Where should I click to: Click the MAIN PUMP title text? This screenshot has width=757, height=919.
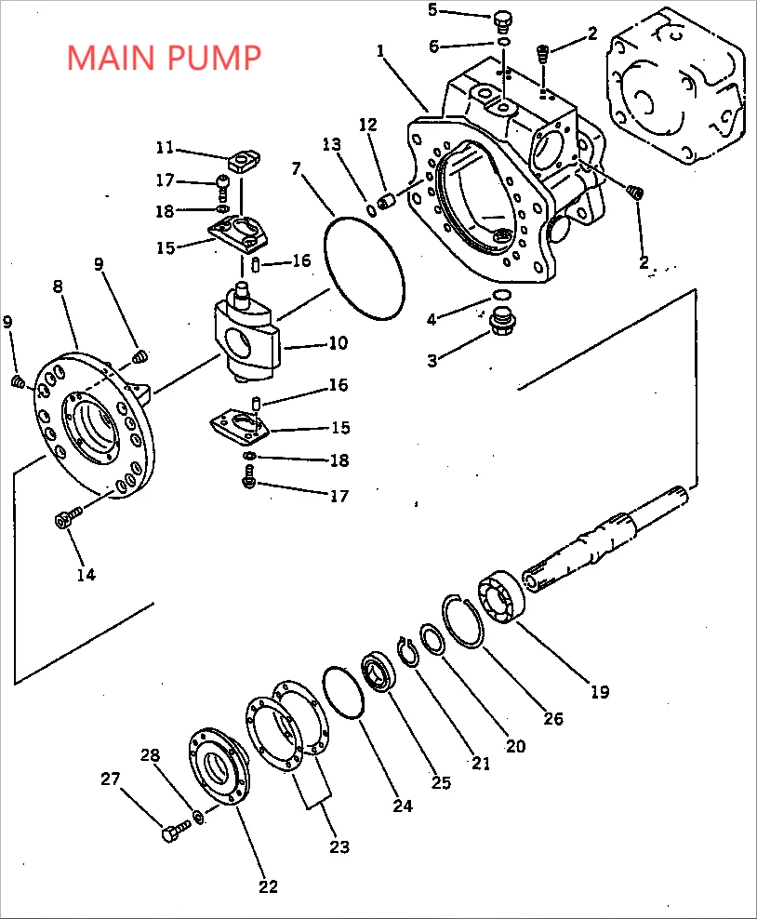pos(164,58)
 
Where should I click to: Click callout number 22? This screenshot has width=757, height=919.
pos(268,886)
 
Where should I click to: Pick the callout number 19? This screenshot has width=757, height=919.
pos(599,691)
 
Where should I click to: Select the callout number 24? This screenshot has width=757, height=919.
pos(402,806)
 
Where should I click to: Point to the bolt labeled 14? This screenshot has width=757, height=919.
pos(65,520)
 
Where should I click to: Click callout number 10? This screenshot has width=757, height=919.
pos(338,343)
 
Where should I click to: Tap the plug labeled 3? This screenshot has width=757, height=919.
pos(502,322)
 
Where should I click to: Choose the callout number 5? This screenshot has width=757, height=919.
pos(432,10)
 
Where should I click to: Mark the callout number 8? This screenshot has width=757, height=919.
pos(59,287)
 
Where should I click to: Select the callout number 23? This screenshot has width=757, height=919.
pos(339,846)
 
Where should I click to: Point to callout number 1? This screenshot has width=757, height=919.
pos(380,50)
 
